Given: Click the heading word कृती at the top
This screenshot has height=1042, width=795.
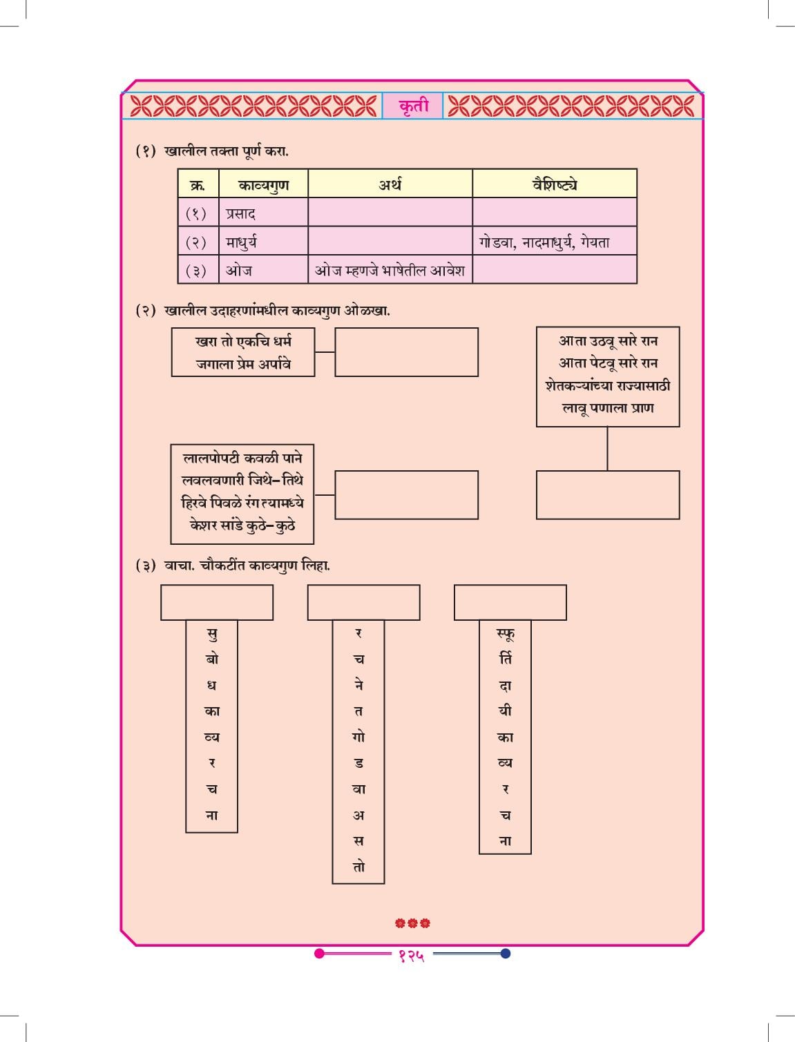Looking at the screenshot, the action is (x=414, y=106).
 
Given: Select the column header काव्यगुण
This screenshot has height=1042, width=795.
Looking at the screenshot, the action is (x=263, y=184).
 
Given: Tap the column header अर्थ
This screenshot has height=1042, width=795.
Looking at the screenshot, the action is (x=390, y=184).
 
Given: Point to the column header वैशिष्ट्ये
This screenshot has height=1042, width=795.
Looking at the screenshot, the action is (x=555, y=184).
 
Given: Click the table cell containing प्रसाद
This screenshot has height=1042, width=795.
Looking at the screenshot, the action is (x=263, y=212).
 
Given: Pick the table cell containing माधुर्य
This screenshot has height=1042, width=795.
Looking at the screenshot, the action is (x=263, y=241).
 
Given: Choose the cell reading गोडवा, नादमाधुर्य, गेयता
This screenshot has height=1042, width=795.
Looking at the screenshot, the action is (x=555, y=241).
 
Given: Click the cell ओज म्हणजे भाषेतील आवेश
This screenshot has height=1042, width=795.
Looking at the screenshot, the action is (x=390, y=270).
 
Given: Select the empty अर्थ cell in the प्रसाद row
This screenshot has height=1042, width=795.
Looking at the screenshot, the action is (x=390, y=212).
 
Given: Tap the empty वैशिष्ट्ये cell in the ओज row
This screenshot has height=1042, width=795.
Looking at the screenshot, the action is (x=555, y=270).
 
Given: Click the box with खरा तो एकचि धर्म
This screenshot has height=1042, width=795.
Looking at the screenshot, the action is (x=243, y=352).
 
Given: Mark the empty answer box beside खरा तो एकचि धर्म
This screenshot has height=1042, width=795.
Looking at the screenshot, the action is (x=406, y=352).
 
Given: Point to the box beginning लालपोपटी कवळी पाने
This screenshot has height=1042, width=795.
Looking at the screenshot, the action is (x=242, y=494).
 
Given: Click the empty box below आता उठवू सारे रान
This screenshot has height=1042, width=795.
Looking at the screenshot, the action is (x=608, y=495).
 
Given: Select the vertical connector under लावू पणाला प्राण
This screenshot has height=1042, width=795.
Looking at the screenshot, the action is (x=608, y=449).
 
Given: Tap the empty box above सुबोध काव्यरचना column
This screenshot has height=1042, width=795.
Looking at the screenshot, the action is (x=217, y=602).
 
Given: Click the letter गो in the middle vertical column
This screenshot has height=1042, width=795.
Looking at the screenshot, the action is (x=358, y=737).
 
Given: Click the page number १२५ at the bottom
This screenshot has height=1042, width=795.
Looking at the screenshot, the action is (x=411, y=956).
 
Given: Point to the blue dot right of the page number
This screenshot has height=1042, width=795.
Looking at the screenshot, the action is (x=506, y=953).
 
